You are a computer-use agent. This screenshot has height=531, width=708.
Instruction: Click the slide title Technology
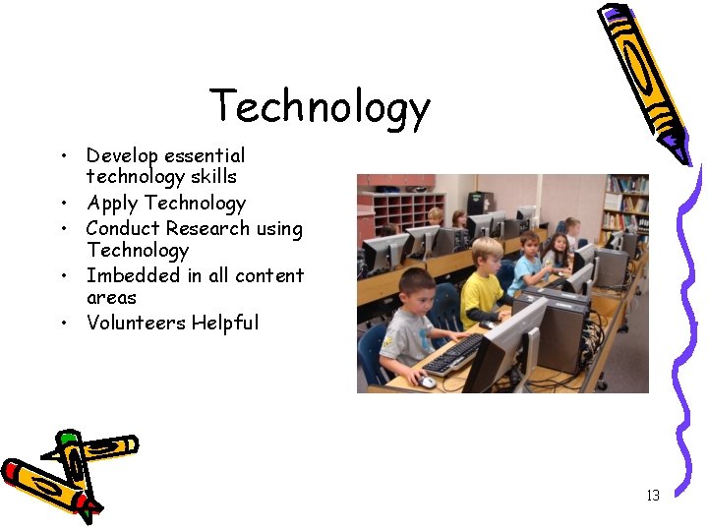click(x=320, y=107)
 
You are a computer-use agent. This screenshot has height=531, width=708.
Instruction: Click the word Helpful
click(x=225, y=323)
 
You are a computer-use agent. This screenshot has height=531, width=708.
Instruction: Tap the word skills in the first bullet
click(x=215, y=177)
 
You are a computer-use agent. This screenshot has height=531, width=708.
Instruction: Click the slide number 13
click(x=653, y=495)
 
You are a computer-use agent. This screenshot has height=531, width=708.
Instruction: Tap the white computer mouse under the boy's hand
click(x=428, y=382)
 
